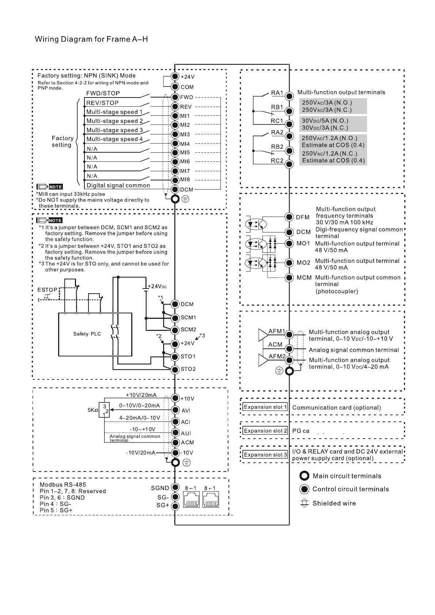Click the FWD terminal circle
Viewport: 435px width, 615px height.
pos(175,97)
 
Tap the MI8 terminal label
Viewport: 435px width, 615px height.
pos(185,180)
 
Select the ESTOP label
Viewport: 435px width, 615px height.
pos(48,290)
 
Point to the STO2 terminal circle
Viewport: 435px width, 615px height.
pos(175,369)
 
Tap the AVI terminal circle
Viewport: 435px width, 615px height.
pos(175,410)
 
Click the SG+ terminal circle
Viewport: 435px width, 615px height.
pos(175,506)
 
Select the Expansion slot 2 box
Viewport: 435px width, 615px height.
pos(265,431)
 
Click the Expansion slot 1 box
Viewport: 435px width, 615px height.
pos(265,407)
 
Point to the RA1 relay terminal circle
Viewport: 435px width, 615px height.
pos(290,96)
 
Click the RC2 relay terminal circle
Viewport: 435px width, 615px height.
pos(290,164)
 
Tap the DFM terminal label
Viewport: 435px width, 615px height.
pos(303,217)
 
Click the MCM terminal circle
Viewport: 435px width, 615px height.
pos(290,278)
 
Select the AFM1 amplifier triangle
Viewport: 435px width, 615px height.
pos(263,335)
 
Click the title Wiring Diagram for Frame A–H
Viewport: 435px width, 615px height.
pos(91,39)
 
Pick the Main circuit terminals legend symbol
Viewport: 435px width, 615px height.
pos(304,476)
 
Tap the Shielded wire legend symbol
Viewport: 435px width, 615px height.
pos(304,503)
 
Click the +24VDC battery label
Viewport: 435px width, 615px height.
pos(157,286)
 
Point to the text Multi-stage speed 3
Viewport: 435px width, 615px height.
pos(114,130)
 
